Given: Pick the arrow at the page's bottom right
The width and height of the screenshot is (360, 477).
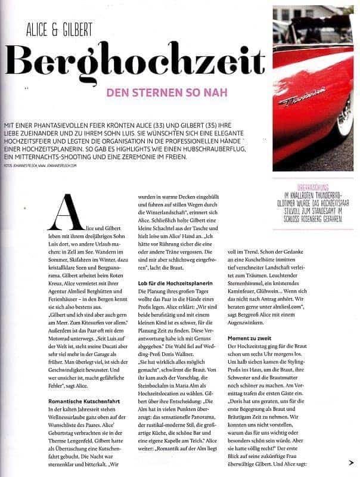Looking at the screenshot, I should pos(350,461).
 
